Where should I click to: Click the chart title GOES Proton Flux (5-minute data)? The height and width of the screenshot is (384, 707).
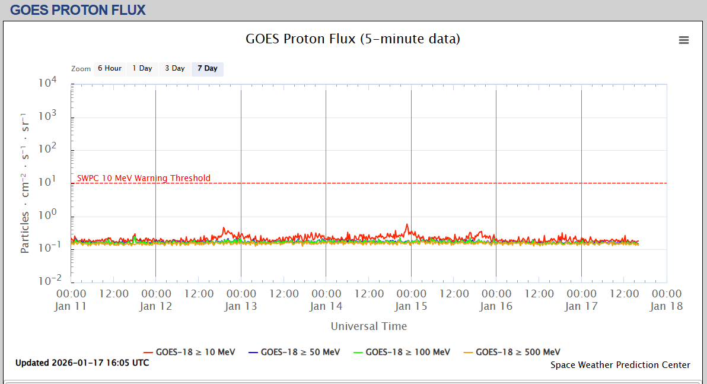click(353, 39)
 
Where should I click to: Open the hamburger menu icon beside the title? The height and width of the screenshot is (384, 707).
click(684, 40)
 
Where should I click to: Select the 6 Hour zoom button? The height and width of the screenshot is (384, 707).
click(110, 68)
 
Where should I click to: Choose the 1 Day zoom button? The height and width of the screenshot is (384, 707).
click(142, 68)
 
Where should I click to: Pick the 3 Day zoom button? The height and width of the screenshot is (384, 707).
click(175, 68)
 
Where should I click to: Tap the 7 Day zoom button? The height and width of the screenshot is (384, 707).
click(208, 68)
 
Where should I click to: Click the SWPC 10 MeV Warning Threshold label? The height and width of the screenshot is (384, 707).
click(144, 178)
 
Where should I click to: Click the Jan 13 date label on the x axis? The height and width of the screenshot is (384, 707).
click(241, 306)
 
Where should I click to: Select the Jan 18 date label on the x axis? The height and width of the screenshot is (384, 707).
click(666, 306)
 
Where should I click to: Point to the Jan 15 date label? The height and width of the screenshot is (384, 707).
click(411, 306)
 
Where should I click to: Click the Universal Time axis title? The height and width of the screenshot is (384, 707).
click(369, 326)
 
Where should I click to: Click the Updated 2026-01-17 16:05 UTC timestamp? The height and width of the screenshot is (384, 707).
click(82, 363)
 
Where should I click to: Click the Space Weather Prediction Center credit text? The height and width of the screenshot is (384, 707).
click(620, 365)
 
